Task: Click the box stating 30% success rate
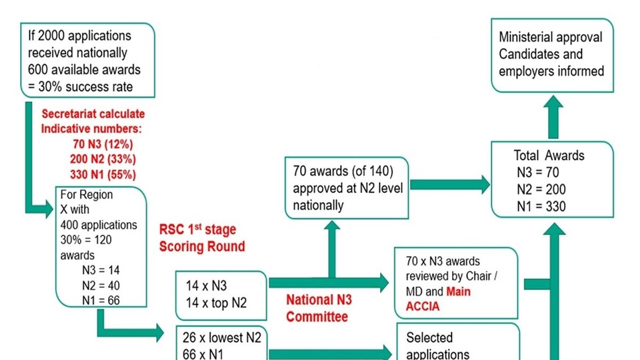(88, 61)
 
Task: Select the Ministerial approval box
(551, 54)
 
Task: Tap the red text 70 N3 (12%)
(102, 144)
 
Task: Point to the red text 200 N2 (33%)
(102, 159)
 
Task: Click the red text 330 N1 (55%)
(102, 174)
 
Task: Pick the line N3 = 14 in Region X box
(97, 270)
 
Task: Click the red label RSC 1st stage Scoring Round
(202, 238)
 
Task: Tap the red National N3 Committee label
(319, 308)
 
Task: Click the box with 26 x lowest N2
(221, 344)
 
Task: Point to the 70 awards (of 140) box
(348, 187)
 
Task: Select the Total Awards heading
(549, 156)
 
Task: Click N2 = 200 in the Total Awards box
(541, 189)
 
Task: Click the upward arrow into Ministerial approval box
(553, 118)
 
